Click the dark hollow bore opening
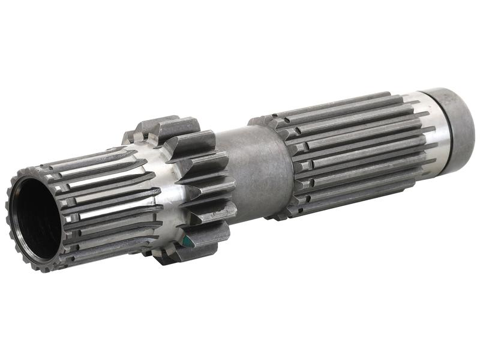click(x=35, y=220)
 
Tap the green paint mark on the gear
click(x=188, y=241)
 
